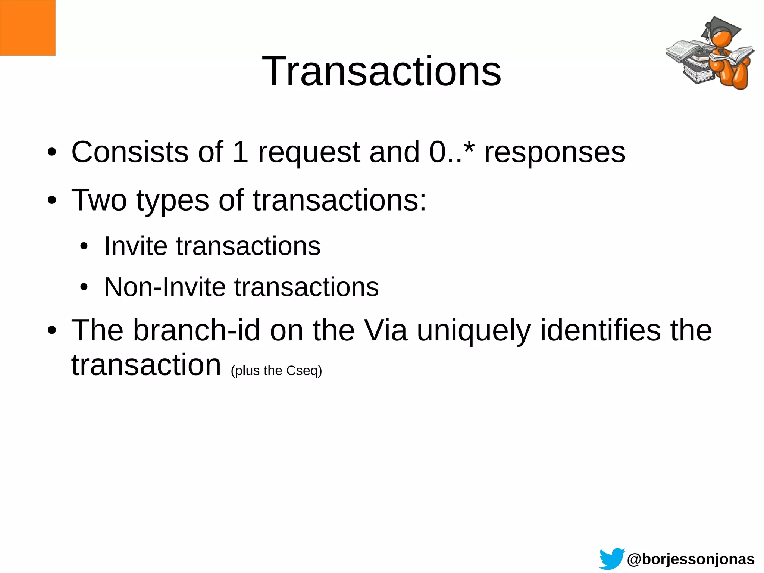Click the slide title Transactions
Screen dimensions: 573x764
pyautogui.click(x=382, y=71)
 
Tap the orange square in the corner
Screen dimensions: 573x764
pyautogui.click(x=28, y=28)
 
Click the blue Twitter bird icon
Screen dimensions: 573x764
pyautogui.click(x=612, y=558)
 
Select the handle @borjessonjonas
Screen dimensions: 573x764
pyautogui.click(x=691, y=559)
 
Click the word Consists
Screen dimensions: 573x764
pyautogui.click(x=130, y=152)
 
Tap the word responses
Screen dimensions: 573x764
pyautogui.click(x=554, y=153)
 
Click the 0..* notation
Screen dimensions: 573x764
pyautogui.click(x=452, y=152)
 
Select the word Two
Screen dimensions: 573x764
pyautogui.click(x=99, y=200)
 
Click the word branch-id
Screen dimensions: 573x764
pyautogui.click(x=197, y=330)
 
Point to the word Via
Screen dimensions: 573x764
pyautogui.click(x=385, y=330)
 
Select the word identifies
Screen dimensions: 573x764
pyautogui.click(x=600, y=330)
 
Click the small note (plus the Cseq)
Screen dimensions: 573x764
pyautogui.click(x=276, y=371)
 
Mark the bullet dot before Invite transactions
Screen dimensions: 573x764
pyautogui.click(x=84, y=246)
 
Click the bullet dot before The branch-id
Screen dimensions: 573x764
pyautogui.click(x=52, y=330)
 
